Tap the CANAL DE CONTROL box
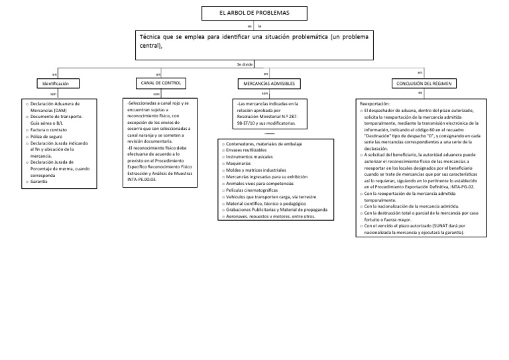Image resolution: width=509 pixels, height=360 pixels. tap(158, 82)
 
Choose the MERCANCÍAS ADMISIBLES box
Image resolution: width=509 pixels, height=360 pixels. tap(266, 84)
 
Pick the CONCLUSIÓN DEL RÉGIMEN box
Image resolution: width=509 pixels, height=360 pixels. tap(420, 84)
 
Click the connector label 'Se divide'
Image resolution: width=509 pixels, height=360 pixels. tap(245, 64)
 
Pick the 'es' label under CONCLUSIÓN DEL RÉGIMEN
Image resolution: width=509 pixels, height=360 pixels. tap(420, 93)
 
